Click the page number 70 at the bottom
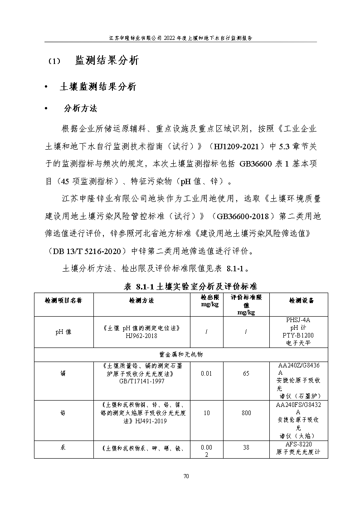[x=185, y=476]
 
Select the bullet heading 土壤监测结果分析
[x=97, y=87]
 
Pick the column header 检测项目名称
[x=63, y=300]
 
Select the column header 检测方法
[x=141, y=300]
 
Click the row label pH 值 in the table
[x=63, y=332]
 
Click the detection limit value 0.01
[x=206, y=373]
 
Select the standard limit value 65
[x=246, y=373]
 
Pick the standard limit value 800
[x=246, y=413]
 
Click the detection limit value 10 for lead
[x=206, y=413]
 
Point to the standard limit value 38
[x=246, y=447]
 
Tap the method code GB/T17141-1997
[x=141, y=381]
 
